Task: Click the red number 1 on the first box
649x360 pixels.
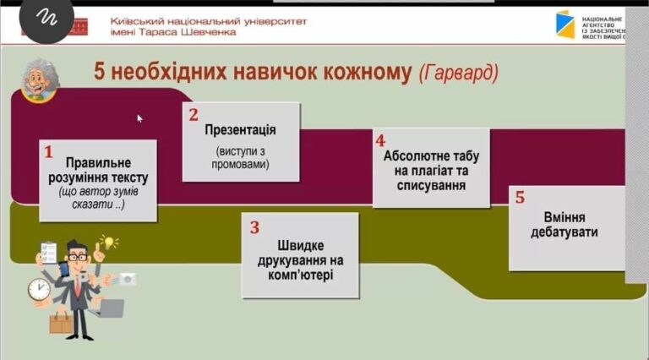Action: tap(48, 152)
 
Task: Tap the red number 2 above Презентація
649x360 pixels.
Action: tap(194, 115)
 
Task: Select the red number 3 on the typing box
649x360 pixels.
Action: tap(254, 227)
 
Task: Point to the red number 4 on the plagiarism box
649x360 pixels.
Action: tap(380, 141)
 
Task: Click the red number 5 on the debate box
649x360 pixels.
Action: tap(520, 198)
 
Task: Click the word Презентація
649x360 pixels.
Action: tap(240, 130)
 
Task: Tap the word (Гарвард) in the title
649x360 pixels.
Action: tap(459, 73)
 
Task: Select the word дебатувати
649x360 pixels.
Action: tap(564, 232)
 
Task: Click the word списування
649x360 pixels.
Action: tap(431, 185)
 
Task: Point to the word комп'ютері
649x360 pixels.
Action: tap(300, 275)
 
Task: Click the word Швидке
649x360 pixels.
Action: tap(301, 245)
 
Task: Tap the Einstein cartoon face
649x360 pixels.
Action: tap(40, 80)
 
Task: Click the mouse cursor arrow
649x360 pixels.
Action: tap(140, 118)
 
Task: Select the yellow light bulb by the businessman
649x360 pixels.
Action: tap(108, 242)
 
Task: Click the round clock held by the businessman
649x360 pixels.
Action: tap(39, 289)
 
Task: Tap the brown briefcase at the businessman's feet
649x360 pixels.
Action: tap(61, 323)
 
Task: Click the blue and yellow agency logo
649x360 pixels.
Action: tap(565, 25)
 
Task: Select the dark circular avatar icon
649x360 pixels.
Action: tap(46, 19)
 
